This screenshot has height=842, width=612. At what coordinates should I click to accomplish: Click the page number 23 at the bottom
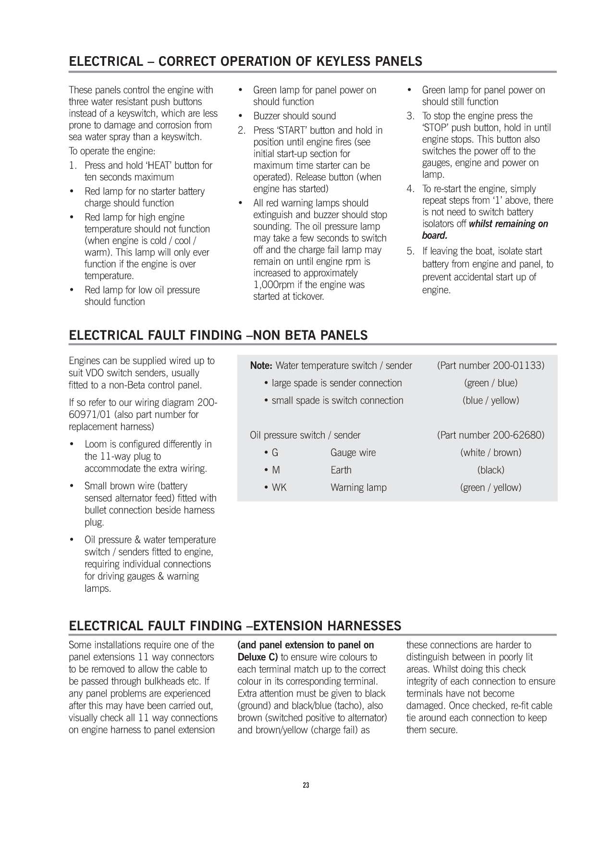pos(306,786)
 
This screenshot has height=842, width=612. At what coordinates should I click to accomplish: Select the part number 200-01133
pos(518,366)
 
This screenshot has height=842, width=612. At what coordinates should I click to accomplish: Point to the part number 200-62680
pos(518,435)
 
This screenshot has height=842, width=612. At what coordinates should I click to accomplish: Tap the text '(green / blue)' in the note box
pos(490,383)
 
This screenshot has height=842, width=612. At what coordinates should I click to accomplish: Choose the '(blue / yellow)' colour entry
pos(490,401)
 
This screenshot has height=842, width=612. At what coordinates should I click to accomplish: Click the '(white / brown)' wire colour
pos(490,452)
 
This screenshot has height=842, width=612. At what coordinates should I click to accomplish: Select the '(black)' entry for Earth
pos(490,470)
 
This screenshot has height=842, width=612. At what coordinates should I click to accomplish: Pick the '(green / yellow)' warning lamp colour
pos(490,488)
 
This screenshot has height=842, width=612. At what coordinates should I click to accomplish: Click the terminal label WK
pos(279,488)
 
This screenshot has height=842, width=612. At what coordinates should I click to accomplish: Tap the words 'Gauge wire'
pos(353,452)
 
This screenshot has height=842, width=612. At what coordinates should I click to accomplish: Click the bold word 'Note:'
pos(261,366)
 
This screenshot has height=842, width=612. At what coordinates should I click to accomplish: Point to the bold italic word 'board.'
pos(435,235)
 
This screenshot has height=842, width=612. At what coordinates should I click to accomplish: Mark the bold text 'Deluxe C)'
pos(257,657)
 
